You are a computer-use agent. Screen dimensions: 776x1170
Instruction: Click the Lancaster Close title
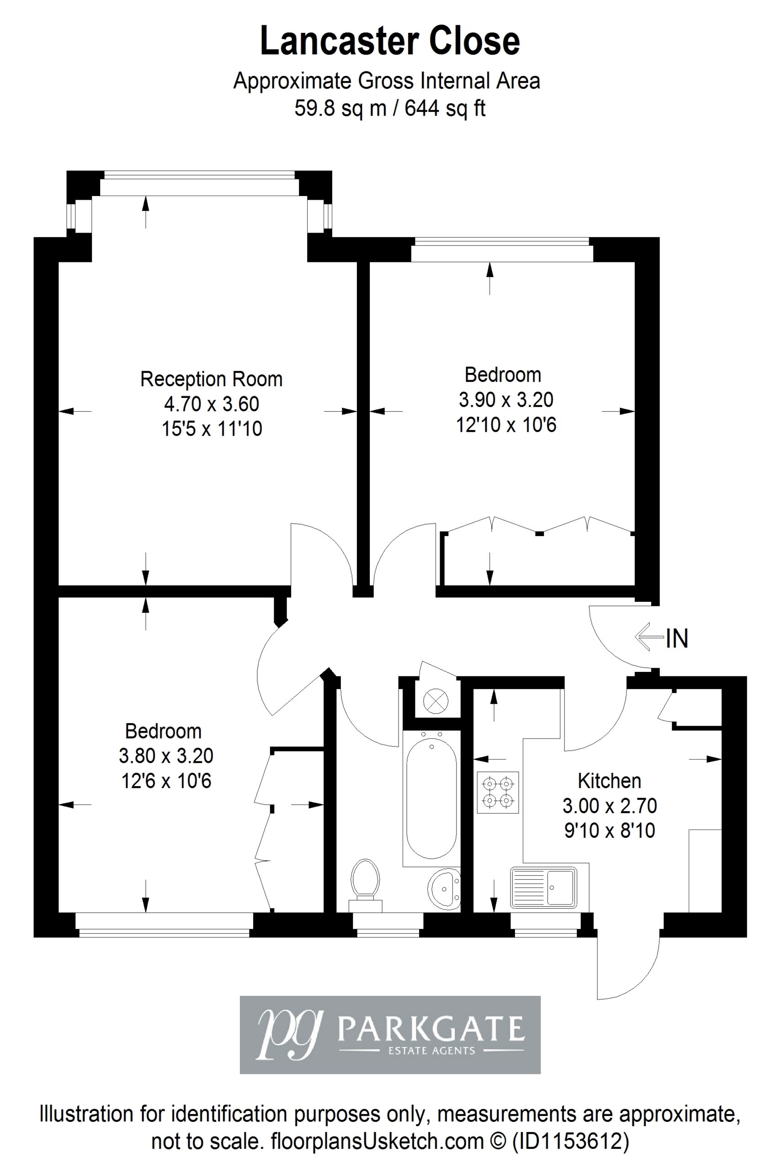point(390,42)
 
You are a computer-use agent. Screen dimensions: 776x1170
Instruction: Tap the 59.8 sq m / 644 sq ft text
point(390,107)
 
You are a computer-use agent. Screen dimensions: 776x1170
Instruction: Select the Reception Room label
point(211,380)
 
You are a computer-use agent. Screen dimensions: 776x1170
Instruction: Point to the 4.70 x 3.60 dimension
point(211,404)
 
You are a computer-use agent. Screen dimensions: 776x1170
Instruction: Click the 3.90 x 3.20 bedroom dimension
point(506,400)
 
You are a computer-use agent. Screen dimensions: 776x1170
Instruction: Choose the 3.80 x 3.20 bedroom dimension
point(166,756)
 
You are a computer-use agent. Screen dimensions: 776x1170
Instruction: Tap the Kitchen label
point(609,781)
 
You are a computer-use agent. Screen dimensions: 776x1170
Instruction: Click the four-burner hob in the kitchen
point(498,792)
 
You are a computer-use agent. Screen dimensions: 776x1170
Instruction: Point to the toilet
point(365,885)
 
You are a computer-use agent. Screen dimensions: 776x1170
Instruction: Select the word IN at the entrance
point(677,638)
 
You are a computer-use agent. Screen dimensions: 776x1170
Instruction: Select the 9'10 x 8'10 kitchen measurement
point(609,830)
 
